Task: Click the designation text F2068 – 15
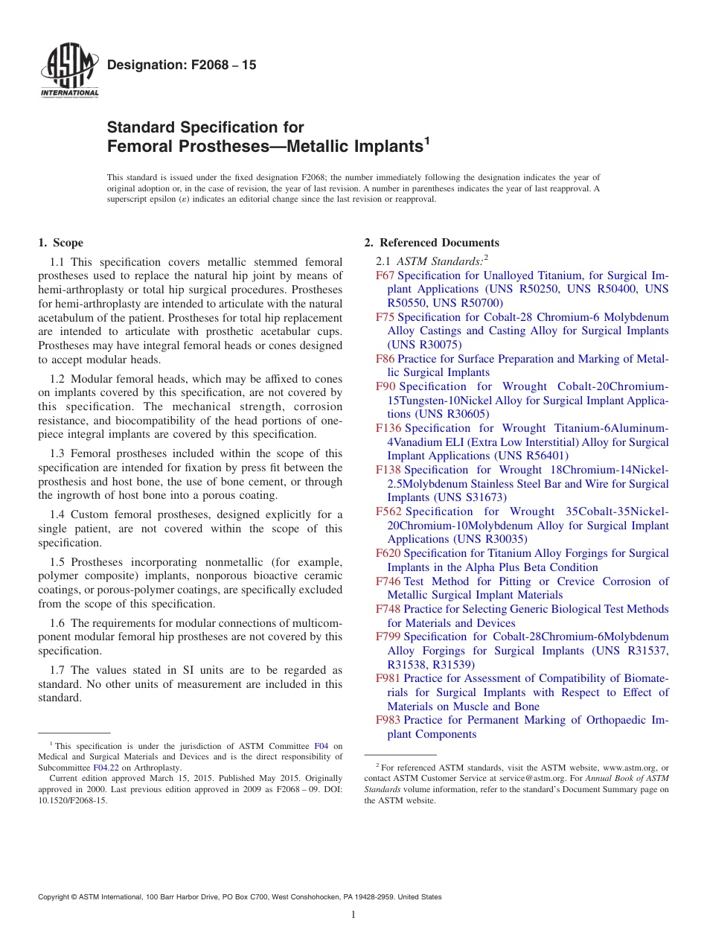(182, 66)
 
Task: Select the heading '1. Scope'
(60, 243)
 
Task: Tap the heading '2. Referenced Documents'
(432, 243)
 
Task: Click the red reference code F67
(385, 275)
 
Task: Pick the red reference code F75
(385, 317)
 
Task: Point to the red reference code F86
(385, 359)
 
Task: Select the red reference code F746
(388, 581)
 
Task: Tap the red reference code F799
(388, 637)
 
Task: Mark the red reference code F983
(388, 720)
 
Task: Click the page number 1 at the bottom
(353, 914)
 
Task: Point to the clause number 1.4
(58, 514)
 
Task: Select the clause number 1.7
(58, 670)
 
